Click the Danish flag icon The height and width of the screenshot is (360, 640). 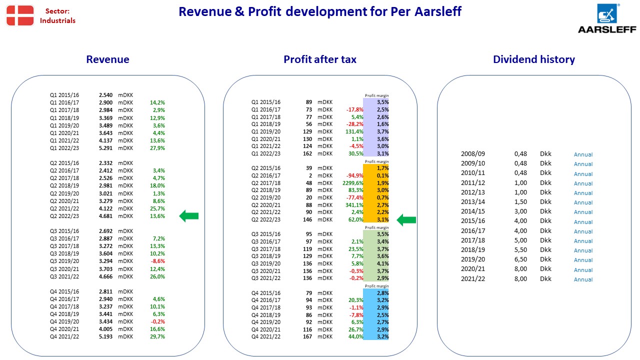20,15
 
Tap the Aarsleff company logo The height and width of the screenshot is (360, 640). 607,18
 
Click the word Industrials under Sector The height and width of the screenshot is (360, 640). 57,20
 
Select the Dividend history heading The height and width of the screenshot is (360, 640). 533,59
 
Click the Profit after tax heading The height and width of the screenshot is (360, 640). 319,59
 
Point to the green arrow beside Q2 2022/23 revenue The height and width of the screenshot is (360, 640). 189,216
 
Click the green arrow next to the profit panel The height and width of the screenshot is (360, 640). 406,219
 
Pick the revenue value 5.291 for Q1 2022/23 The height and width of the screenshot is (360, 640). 105,148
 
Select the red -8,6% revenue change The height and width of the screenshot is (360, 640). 157,261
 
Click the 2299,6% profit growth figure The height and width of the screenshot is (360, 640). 353,183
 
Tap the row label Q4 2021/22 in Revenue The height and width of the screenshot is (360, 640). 64,336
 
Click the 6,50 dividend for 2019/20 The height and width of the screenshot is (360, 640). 520,259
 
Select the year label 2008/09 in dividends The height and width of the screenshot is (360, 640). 473,153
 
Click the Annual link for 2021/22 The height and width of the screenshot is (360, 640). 583,279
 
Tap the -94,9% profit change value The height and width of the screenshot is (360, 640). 354,175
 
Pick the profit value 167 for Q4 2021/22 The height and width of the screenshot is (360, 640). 307,336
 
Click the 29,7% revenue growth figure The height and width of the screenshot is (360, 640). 157,336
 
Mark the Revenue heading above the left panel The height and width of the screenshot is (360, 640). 107,59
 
